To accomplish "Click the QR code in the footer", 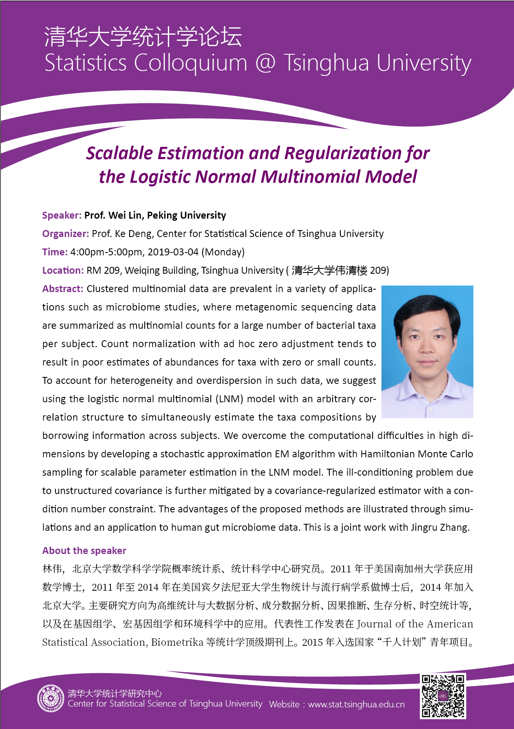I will click(x=443, y=696).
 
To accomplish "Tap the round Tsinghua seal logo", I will click(x=51, y=698).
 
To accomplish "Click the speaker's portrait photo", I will click(x=427, y=351).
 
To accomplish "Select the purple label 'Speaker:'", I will click(x=62, y=215).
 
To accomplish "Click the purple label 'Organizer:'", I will click(x=66, y=234).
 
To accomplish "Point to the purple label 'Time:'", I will click(x=55, y=252).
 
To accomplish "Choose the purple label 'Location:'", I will click(x=63, y=270).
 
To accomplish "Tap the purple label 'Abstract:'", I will click(x=63, y=289).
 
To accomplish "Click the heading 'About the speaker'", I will click(x=84, y=551).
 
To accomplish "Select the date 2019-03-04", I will click(x=173, y=252).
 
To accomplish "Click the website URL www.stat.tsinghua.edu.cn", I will click(x=356, y=705).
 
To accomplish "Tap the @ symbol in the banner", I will click(x=265, y=63).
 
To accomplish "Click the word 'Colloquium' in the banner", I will click(x=190, y=63).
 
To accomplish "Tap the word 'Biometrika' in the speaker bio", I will click(x=177, y=643).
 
